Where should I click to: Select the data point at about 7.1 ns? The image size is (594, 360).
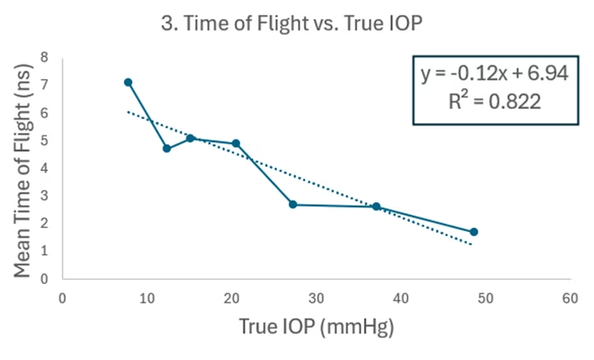click(128, 82)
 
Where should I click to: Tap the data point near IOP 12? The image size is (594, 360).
click(167, 149)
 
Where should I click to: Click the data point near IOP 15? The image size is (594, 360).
click(190, 138)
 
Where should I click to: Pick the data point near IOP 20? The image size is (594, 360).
click(236, 144)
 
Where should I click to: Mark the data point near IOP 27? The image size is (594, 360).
click(293, 204)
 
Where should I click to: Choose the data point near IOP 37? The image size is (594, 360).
click(376, 206)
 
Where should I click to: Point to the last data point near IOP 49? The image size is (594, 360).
click(474, 232)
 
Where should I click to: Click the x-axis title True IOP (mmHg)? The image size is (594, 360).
click(317, 327)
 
